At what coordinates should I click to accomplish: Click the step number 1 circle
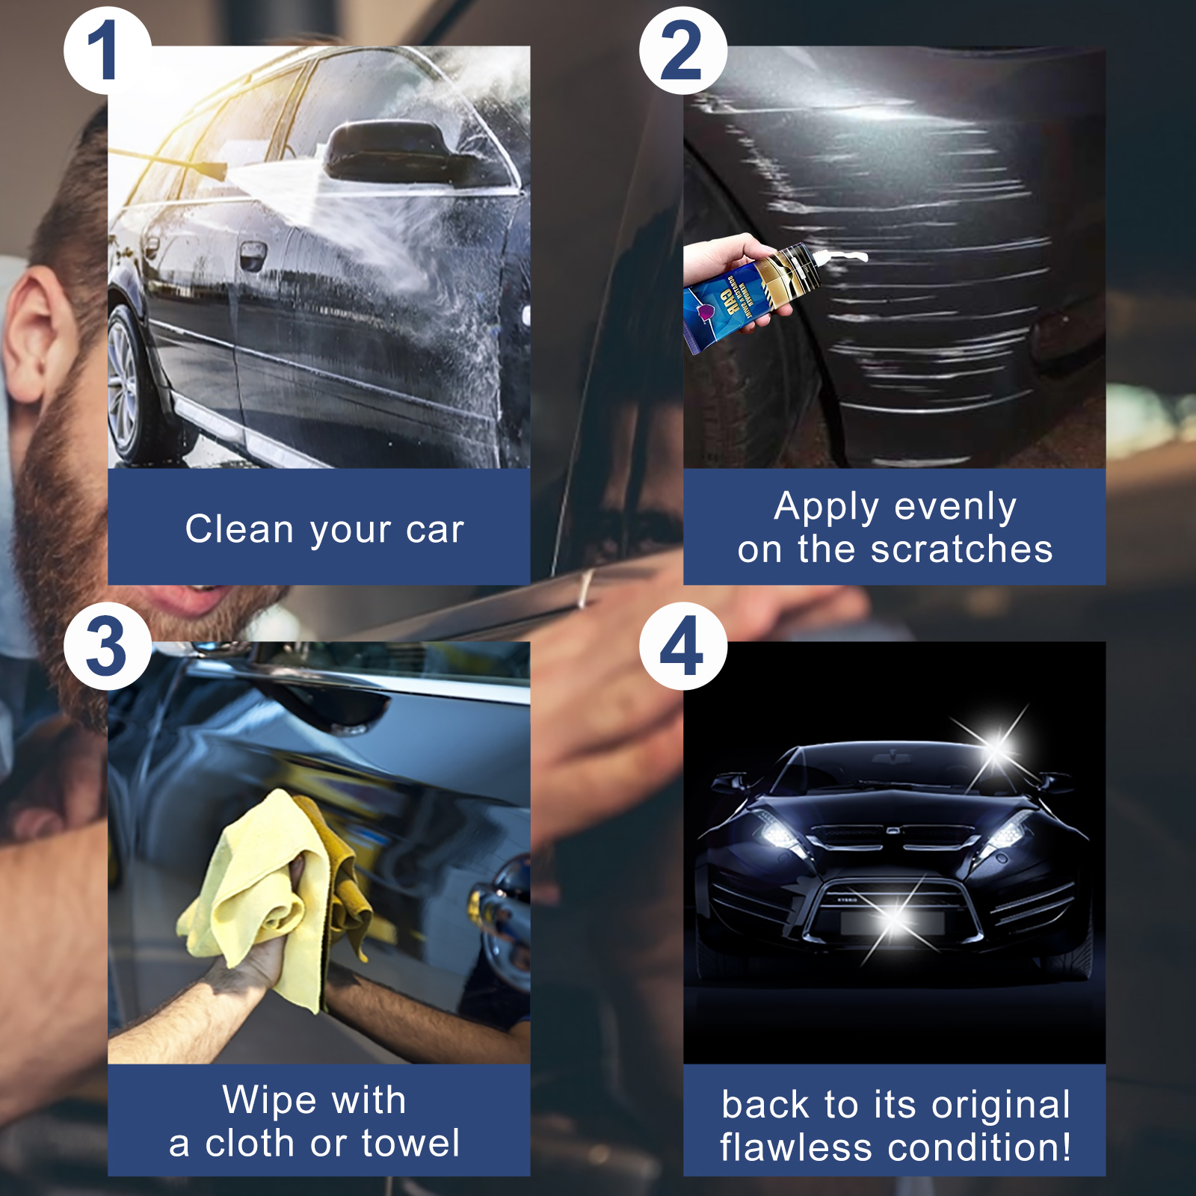tap(107, 51)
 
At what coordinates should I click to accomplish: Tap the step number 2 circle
tap(682, 51)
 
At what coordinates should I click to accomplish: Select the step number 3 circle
tap(107, 647)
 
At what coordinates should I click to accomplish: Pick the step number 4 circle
tap(682, 647)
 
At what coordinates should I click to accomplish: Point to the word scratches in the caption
tap(962, 549)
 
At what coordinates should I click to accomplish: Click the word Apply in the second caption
tap(827, 508)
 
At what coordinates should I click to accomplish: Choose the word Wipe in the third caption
tap(270, 1100)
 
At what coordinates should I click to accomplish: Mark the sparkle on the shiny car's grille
tap(896, 918)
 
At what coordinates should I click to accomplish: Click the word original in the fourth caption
tap(1001, 1105)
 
